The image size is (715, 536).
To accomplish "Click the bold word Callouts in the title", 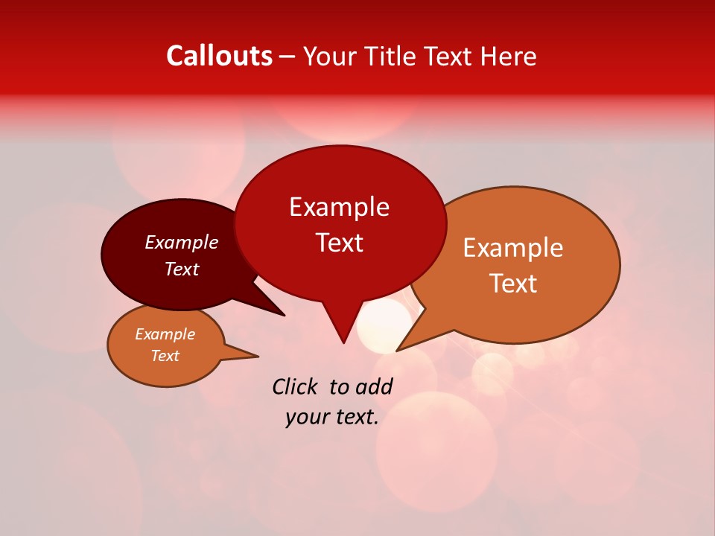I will click(x=219, y=56).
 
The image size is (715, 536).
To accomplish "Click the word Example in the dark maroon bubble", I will click(x=182, y=243).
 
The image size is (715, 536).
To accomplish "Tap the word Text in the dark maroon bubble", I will click(x=182, y=269).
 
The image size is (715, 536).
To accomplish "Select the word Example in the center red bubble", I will click(x=339, y=207).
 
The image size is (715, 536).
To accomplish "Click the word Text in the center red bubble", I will click(x=339, y=243).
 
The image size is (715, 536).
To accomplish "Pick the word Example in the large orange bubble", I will click(x=513, y=248).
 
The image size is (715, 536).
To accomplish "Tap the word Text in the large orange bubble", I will click(x=513, y=283).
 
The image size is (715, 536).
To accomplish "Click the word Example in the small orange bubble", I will click(x=165, y=334).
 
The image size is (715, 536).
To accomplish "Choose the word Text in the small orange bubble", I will click(x=165, y=356).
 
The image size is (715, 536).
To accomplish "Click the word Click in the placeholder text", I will click(x=296, y=386).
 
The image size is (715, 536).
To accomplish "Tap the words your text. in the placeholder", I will click(x=332, y=417).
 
